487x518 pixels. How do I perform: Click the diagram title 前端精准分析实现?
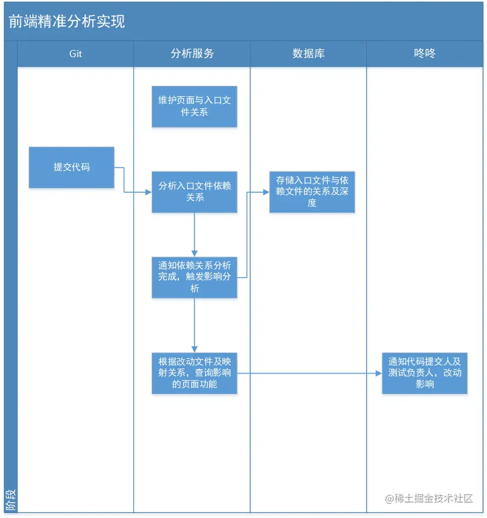click(66, 21)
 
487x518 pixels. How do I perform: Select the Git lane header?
click(76, 54)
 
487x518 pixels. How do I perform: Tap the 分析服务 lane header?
click(192, 54)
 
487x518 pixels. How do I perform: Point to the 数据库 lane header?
click(309, 54)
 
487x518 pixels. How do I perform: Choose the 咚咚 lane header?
click(424, 54)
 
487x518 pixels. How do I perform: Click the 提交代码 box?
click(71, 167)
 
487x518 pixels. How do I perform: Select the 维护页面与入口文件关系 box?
click(194, 107)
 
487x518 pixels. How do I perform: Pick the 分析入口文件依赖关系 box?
click(194, 192)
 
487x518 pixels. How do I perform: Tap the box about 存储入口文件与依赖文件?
click(312, 192)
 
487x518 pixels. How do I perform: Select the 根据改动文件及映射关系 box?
click(194, 373)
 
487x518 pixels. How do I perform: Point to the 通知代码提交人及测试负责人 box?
click(424, 373)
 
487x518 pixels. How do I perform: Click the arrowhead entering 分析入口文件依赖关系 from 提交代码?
click(148, 192)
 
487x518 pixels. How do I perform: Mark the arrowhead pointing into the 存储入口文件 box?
click(266, 192)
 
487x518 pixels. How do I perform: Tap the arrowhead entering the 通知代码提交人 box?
click(378, 374)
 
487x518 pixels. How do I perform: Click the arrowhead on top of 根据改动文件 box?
click(194, 349)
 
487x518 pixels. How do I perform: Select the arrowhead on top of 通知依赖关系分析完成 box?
click(194, 253)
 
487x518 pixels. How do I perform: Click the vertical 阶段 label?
click(10, 500)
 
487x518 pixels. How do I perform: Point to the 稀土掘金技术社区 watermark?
click(429, 498)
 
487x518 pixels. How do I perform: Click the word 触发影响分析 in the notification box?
click(210, 277)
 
